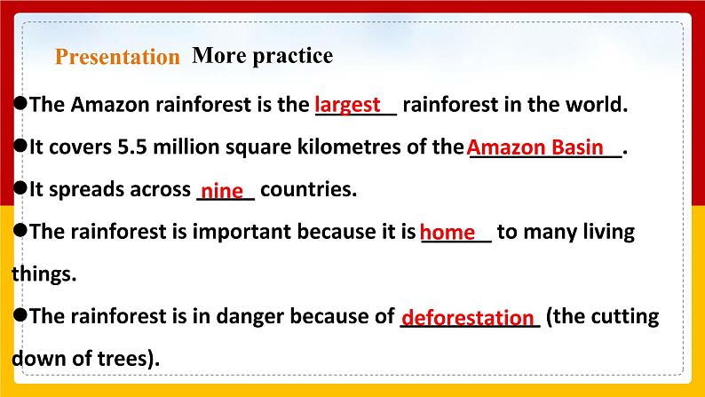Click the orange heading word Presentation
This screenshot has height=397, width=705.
[117, 58]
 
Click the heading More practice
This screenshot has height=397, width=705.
[262, 56]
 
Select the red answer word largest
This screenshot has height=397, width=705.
[349, 104]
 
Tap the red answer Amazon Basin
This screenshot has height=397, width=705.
[535, 147]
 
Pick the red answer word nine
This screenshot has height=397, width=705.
[222, 191]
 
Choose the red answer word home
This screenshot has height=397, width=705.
[448, 233]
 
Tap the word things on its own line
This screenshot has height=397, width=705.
[44, 274]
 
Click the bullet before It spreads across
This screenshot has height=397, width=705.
[20, 188]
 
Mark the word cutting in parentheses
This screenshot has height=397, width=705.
[625, 316]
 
